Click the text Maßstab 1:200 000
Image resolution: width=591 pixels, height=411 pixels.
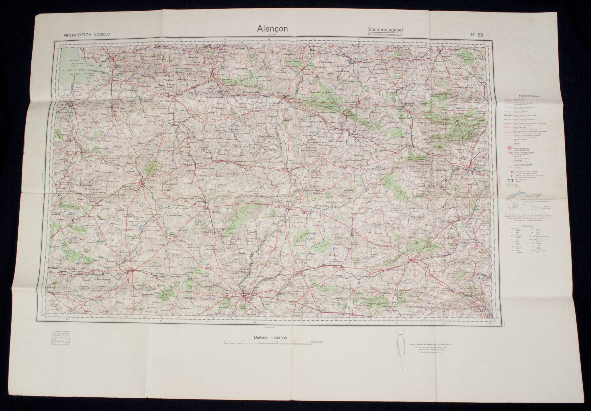(x=270, y=338)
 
